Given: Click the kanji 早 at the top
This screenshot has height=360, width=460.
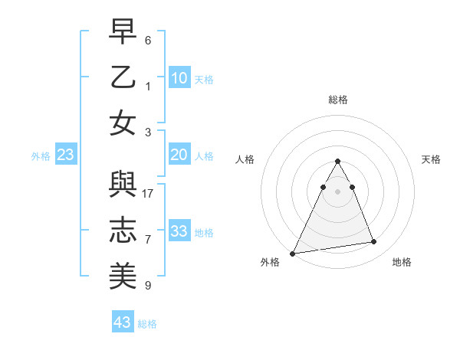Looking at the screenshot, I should [123, 34].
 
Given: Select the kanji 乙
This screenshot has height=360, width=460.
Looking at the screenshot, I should [123, 79].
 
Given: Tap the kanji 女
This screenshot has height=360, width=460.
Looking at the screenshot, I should [123, 123].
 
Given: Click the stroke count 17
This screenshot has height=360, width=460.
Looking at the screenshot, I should [149, 193].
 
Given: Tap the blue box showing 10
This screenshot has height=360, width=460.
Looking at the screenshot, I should [179, 77].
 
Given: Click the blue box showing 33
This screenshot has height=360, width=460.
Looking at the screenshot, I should [179, 231].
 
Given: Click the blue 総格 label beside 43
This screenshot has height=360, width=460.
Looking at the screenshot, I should [147, 324].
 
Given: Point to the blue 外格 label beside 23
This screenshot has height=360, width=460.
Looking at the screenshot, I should [41, 156].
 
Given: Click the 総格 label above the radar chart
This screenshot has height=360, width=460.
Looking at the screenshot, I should [337, 100].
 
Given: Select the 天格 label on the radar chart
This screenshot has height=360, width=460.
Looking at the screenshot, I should [431, 159].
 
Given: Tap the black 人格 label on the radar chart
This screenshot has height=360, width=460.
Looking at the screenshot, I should [245, 159].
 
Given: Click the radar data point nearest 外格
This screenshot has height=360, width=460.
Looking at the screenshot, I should [292, 253].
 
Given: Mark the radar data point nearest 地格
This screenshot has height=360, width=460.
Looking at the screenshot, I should [374, 242].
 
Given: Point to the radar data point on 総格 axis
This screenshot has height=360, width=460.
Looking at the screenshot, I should [337, 162].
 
